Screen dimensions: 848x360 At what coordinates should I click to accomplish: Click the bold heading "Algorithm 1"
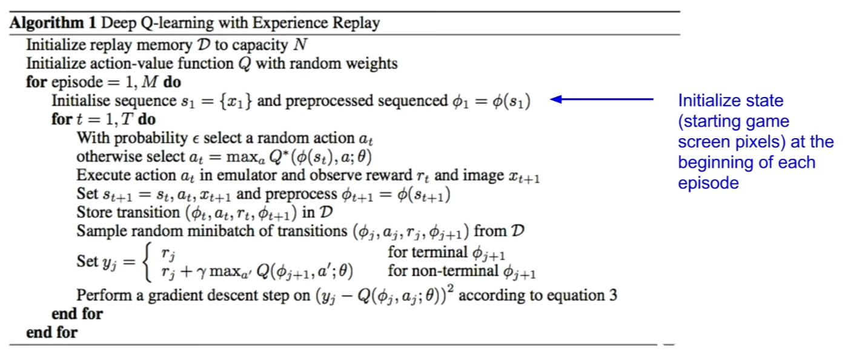[x=53, y=23]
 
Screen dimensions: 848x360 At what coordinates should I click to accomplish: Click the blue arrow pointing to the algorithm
[x=601, y=99]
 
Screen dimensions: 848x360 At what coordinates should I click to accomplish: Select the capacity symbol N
[x=300, y=45]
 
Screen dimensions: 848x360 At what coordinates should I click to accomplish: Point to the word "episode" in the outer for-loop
[x=77, y=82]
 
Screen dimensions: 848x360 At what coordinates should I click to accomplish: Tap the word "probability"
[x=151, y=138]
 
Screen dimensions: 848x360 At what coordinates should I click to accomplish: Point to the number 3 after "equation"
[x=613, y=295]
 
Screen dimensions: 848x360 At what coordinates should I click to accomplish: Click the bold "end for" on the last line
[x=52, y=333]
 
